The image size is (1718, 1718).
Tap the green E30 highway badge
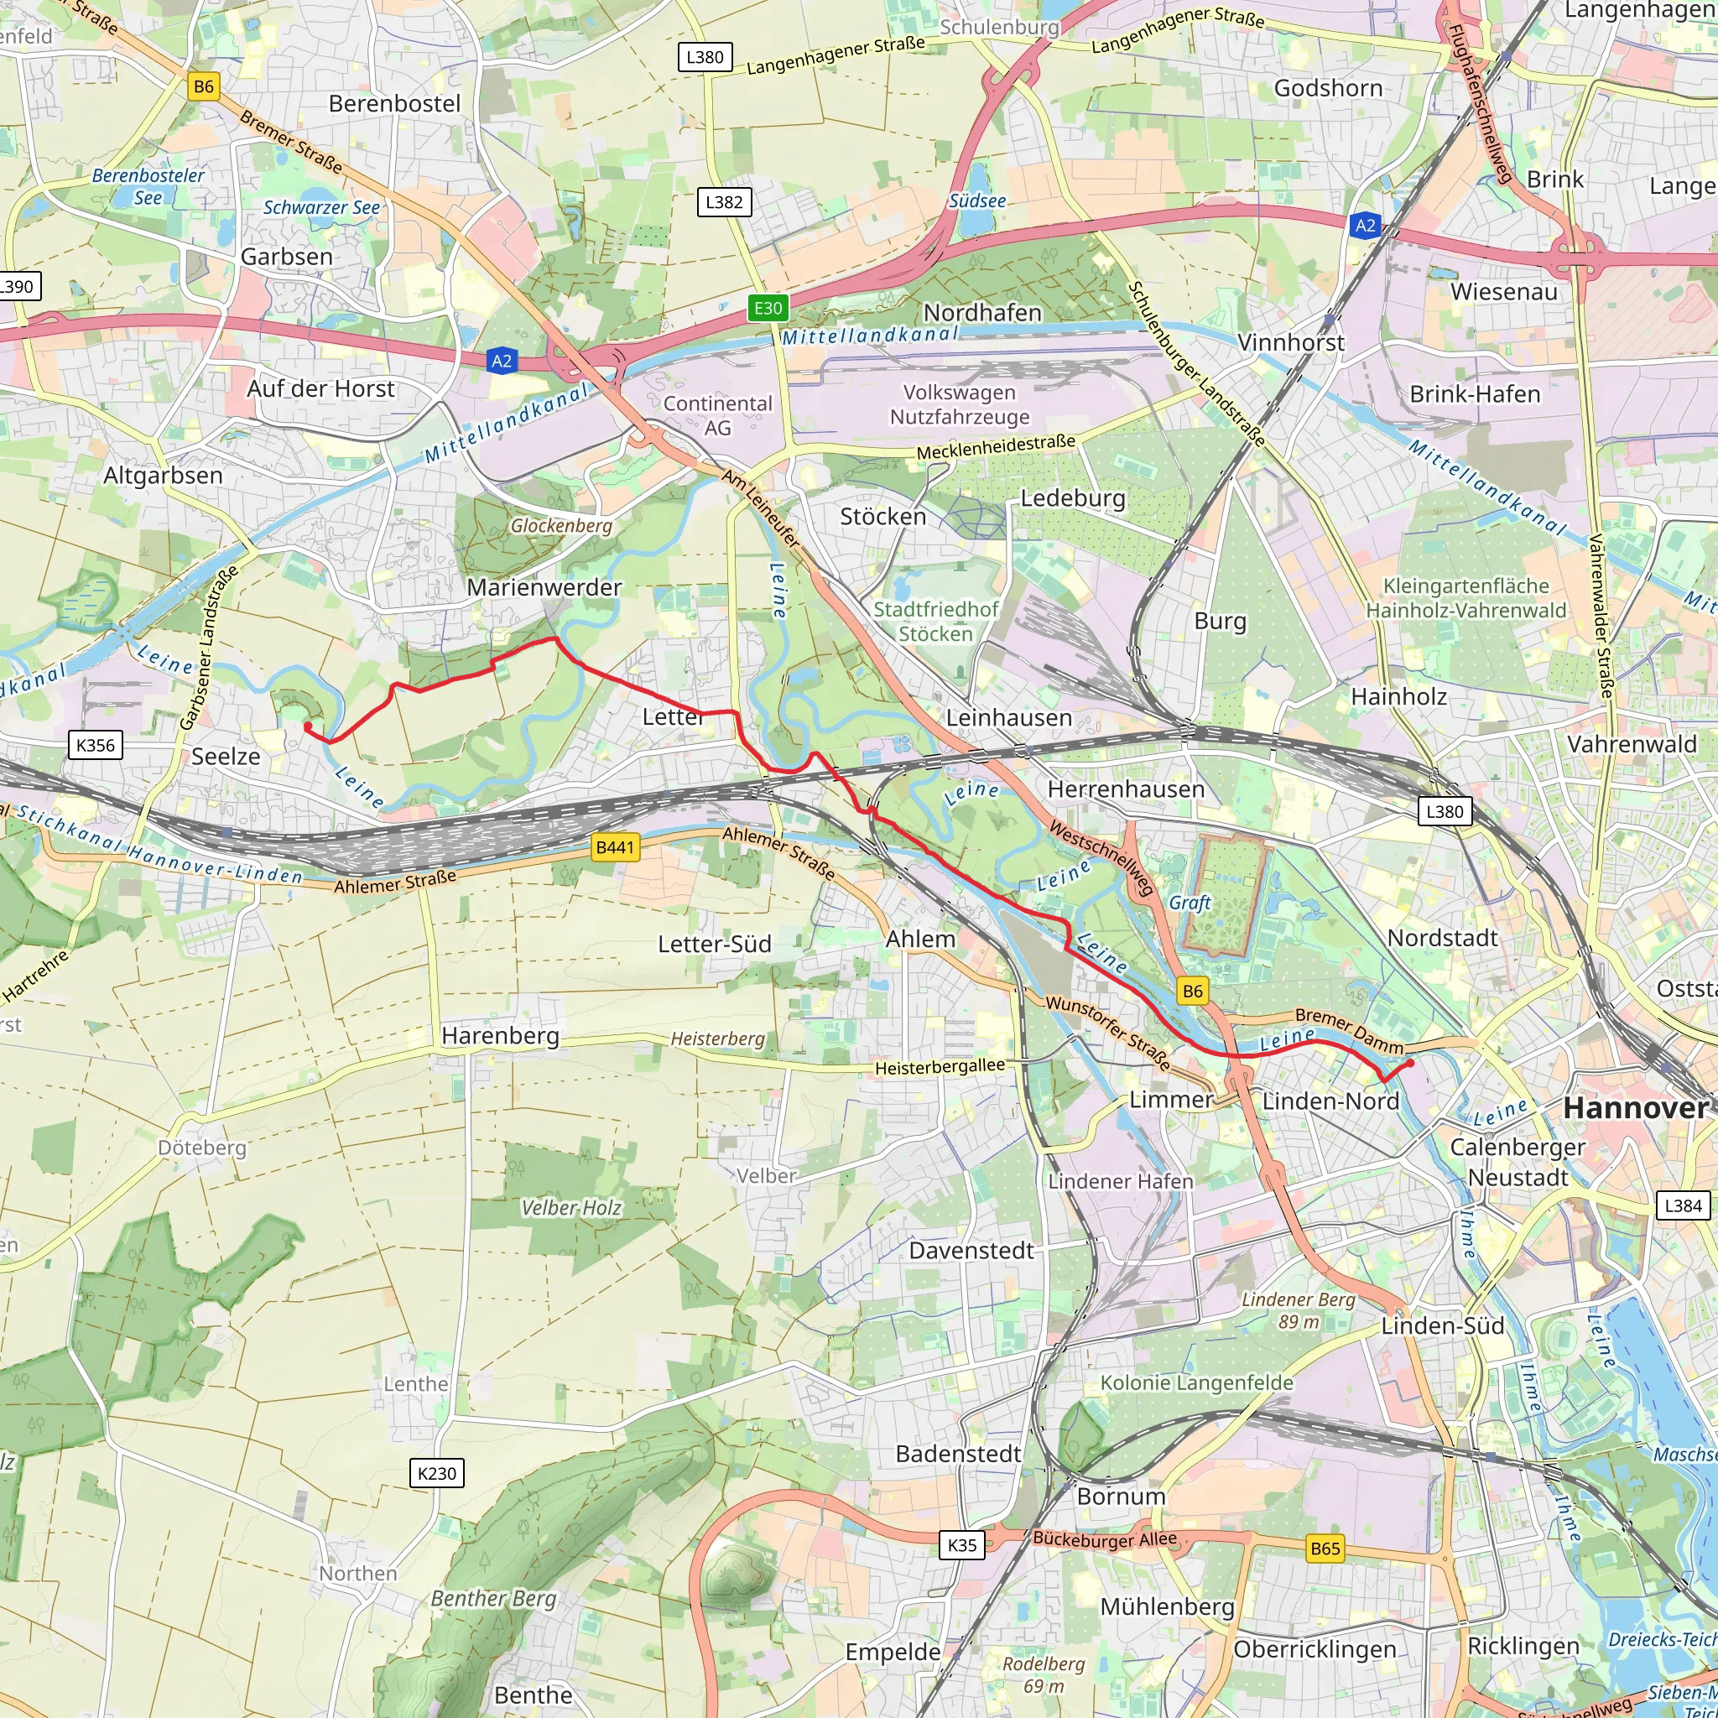coord(768,309)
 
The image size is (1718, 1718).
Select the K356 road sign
coord(95,745)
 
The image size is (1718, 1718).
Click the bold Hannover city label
coord(1635,1108)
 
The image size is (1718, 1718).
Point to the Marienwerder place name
coord(544,588)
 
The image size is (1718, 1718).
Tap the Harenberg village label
coord(501,1036)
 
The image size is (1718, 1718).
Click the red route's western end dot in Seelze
coord(309,726)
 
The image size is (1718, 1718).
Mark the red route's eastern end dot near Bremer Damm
coord(1410,1063)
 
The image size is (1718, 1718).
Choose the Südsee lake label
coord(977,201)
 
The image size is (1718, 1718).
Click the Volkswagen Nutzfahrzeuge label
coord(960,404)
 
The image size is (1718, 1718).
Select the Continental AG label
coord(717,415)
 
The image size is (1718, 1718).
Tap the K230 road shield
coord(436,1473)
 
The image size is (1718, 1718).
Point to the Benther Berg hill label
coord(493,1599)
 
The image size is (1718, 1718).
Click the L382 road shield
coord(724,202)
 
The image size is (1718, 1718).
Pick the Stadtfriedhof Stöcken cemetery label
coord(935,622)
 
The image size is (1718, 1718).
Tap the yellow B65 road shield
coord(1325,1549)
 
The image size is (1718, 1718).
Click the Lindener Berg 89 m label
coord(1299,1311)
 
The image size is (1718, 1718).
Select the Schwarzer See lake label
coord(321,208)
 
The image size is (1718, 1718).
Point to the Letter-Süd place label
coord(714,945)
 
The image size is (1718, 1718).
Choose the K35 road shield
coord(961,1544)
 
